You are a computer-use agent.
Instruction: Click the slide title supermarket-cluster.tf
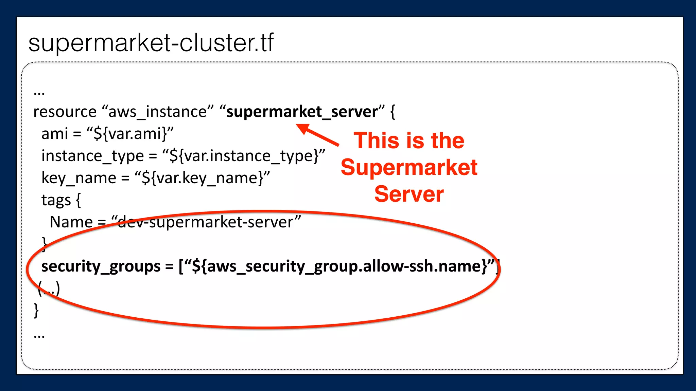[x=151, y=43]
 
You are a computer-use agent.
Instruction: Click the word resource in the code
[x=65, y=112]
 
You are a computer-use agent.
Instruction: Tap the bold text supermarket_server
[x=302, y=112]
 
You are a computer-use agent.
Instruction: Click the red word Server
[x=409, y=194]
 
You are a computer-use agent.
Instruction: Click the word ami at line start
[x=54, y=134]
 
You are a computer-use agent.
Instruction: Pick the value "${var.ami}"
[x=130, y=134]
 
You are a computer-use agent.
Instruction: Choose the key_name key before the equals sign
[x=79, y=178]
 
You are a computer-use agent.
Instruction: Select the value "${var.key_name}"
[x=202, y=178]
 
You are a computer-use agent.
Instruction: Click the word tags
[x=56, y=200]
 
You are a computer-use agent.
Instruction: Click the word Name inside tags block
[x=71, y=222]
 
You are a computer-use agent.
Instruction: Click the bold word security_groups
[x=101, y=266]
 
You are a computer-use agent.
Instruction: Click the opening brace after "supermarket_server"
[x=393, y=112]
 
